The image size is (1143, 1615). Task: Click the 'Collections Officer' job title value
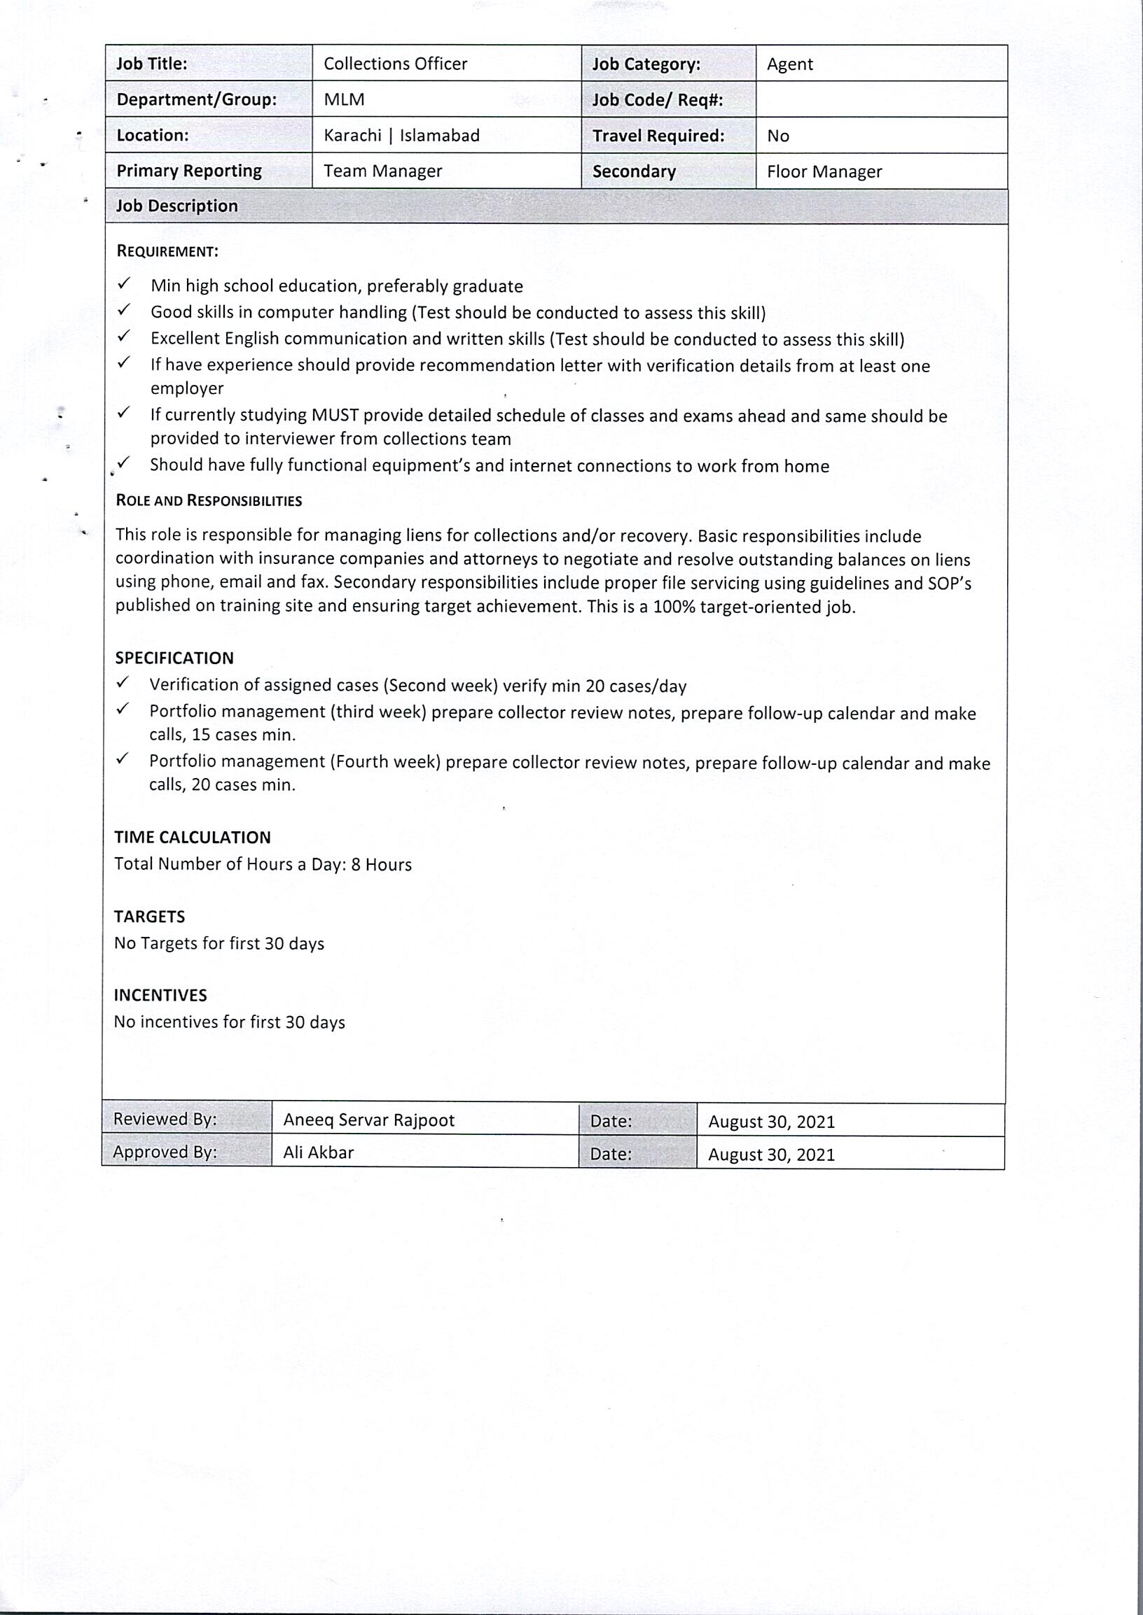pos(395,64)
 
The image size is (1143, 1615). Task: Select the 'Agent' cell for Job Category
pos(789,64)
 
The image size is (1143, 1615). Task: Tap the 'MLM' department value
pos(344,100)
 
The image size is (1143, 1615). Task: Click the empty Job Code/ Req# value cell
pos(881,100)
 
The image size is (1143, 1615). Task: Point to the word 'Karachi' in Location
pos(352,136)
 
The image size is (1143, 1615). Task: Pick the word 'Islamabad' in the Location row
pos(439,136)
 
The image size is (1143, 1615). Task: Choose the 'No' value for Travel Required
pos(777,136)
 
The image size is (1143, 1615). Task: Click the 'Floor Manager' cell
pos(824,171)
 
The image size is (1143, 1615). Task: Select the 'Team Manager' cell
pos(382,171)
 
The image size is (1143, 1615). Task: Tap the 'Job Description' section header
pos(176,206)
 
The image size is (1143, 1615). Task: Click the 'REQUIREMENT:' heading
pos(167,251)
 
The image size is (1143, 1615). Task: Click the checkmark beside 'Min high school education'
pos(124,283)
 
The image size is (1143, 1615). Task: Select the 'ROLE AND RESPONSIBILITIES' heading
pos(208,501)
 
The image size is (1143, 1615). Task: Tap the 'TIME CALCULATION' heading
pos(192,837)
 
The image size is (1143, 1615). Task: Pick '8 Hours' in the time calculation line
pos(381,864)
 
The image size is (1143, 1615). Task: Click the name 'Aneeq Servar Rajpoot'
pos(369,1120)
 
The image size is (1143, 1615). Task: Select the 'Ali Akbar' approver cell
pos(318,1152)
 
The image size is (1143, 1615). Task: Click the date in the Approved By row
pos(770,1155)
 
